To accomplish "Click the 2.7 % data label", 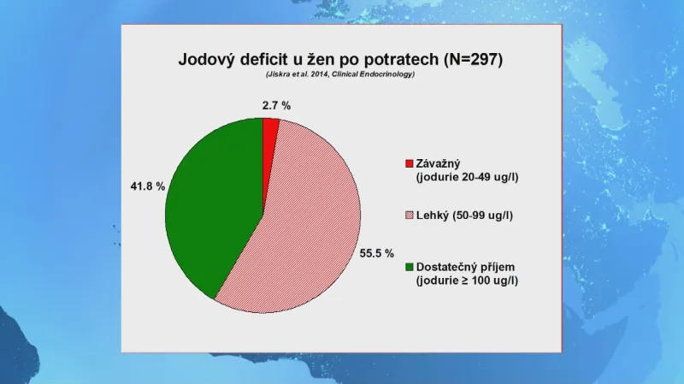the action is [x=276, y=105].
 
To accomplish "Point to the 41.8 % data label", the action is [x=148, y=186].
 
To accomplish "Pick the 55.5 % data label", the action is [x=377, y=253].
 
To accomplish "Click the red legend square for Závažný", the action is [x=410, y=163].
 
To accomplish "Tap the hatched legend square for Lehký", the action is [x=410, y=216].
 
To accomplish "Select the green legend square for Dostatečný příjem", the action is [x=410, y=267].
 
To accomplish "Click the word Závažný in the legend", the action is [x=438, y=163].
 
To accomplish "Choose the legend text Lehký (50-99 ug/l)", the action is [x=464, y=216].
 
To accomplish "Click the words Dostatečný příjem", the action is [x=465, y=267].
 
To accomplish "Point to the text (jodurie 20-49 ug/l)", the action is [x=467, y=177].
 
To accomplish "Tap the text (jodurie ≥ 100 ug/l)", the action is [x=467, y=281].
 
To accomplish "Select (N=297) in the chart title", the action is [x=473, y=59].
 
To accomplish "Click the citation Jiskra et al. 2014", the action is [x=297, y=74].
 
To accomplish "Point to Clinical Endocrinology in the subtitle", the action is [x=373, y=74].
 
